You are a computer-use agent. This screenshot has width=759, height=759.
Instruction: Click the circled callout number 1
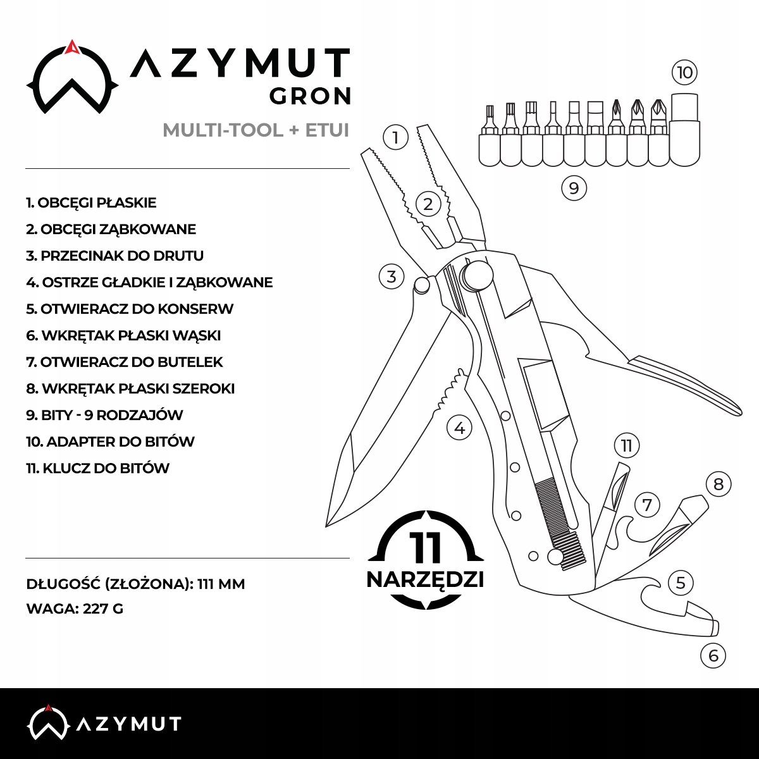396,137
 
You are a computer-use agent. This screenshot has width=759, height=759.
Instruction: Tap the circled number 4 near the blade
459,428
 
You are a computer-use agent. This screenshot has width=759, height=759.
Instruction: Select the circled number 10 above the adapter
685,72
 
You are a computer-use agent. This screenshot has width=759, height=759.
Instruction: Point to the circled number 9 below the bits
574,188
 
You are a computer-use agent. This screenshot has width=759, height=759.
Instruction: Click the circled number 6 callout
713,655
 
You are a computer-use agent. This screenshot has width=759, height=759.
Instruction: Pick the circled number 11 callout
627,446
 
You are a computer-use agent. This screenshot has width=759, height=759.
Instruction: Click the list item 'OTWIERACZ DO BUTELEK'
125,362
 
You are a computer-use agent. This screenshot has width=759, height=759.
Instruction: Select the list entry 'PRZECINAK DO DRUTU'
115,256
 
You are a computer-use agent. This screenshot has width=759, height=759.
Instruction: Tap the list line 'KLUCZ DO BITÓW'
98,469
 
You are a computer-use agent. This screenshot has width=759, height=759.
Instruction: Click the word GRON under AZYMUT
310,96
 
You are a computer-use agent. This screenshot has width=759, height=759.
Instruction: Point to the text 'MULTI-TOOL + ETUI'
256,130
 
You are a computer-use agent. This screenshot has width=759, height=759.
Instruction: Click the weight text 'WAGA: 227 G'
75,609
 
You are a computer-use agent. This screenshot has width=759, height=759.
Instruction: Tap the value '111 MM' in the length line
221,584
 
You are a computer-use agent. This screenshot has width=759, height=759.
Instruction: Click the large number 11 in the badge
425,547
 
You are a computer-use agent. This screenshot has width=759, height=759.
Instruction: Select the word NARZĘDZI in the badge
425,579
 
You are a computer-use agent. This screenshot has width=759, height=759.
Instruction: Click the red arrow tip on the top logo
72,46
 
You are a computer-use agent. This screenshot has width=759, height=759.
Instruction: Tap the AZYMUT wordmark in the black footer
128,724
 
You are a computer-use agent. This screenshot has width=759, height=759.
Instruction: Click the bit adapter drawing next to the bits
684,130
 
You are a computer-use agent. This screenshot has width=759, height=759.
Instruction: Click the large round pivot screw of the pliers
478,276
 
